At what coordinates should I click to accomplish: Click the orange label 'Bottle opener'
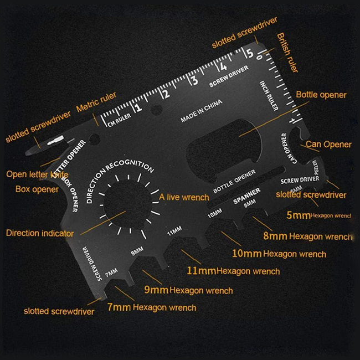pos(321,95)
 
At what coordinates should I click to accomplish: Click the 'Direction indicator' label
pos(39,233)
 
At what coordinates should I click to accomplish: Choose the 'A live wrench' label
pos(184,197)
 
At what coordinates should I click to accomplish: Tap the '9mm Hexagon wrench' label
pos(188,290)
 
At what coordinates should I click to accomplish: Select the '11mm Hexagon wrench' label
pos(233,271)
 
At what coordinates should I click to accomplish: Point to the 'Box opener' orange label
pos(37,189)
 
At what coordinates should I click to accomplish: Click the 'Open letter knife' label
pos(38,174)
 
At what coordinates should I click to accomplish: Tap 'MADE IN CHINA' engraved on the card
pos(201,111)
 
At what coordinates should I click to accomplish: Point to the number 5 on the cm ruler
pos(250,54)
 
